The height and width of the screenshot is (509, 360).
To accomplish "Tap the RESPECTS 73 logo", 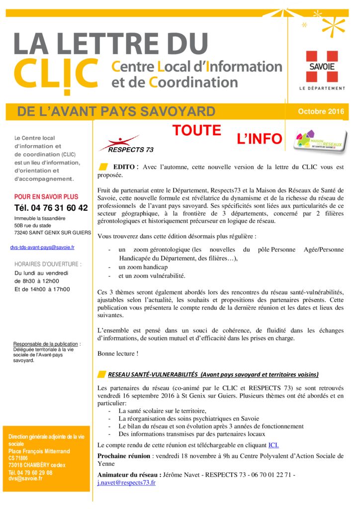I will coord(119,143).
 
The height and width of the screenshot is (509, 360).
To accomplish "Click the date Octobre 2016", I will coord(321,111).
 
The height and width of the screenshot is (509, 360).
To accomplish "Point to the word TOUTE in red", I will coord(197,131).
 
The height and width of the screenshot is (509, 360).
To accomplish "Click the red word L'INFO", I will coord(260,139).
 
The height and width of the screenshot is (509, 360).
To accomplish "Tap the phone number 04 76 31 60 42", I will coord(51,208).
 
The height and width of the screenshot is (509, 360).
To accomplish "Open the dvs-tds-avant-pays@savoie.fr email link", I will coord(42,247).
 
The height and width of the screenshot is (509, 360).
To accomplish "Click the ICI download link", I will coord(273,445).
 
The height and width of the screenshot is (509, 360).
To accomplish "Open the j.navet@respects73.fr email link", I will coord(126,482).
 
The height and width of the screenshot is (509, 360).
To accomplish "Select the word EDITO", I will coord(125,167).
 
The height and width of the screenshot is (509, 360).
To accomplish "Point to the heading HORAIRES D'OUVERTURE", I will coord(48,264).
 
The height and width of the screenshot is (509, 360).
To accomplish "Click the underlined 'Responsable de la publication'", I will coord(46,344).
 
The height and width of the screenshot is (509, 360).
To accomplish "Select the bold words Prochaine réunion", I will coord(124,455).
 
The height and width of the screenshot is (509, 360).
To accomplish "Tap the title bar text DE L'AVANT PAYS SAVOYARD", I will coord(116,111).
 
